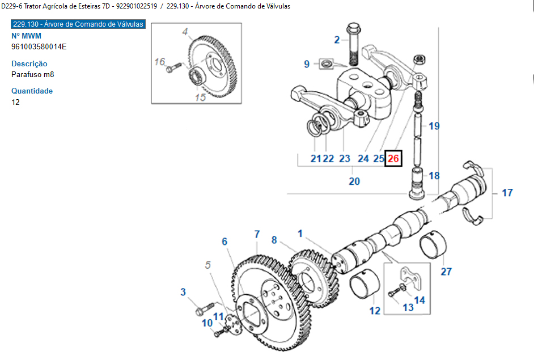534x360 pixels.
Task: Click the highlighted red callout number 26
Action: (393, 159)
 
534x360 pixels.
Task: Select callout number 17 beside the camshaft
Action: (507, 193)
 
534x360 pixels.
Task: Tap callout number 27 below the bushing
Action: (446, 272)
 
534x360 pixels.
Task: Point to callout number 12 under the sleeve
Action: (375, 310)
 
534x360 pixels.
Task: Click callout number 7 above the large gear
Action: (257, 234)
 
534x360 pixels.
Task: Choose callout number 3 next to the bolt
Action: (183, 292)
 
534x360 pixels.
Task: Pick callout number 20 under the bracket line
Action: (354, 181)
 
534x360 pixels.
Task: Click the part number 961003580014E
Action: (39, 46)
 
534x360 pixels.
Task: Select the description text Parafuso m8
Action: (33, 74)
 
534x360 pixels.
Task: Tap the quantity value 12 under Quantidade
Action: (15, 102)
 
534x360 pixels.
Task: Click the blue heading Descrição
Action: (29, 63)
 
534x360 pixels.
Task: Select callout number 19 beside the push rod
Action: (434, 126)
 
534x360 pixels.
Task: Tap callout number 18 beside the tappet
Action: (434, 176)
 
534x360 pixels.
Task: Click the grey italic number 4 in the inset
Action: (185, 32)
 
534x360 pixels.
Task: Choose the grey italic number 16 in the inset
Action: (160, 61)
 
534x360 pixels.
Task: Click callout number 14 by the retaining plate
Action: (419, 300)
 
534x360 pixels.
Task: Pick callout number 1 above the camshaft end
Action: (300, 233)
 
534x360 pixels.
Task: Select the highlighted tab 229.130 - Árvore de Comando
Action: (78, 24)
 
